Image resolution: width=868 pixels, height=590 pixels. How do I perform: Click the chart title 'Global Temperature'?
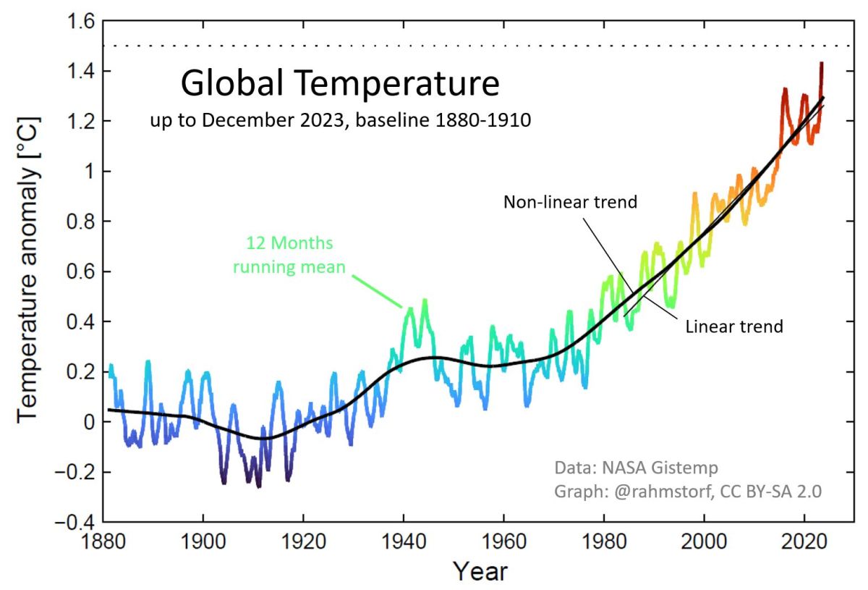tap(339, 84)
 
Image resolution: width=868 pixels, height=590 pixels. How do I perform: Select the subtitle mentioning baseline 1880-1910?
tap(339, 120)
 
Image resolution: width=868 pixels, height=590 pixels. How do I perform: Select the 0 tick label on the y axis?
tap(88, 422)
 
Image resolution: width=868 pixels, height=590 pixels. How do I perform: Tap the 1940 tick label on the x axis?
tap(403, 542)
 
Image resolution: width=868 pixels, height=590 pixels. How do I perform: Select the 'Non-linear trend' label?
tap(570, 202)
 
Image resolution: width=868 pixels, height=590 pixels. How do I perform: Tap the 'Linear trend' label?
tap(733, 326)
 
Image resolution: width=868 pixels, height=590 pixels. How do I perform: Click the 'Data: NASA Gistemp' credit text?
tap(637, 467)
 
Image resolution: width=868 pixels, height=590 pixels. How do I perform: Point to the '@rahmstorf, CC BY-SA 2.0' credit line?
tap(688, 491)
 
